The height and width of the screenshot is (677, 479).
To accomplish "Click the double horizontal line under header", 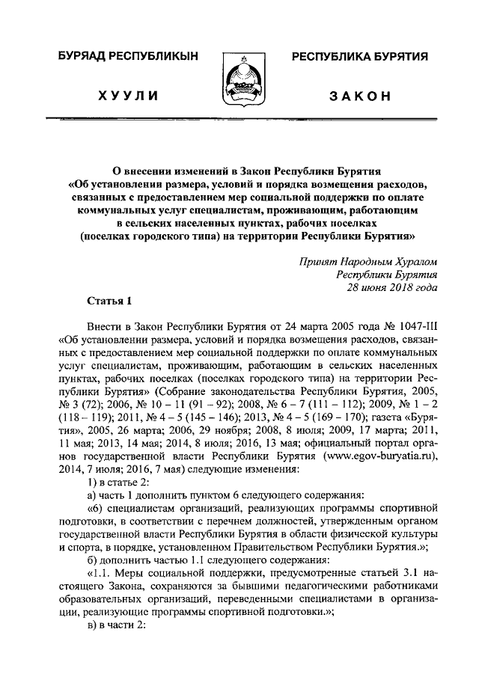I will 239,119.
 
